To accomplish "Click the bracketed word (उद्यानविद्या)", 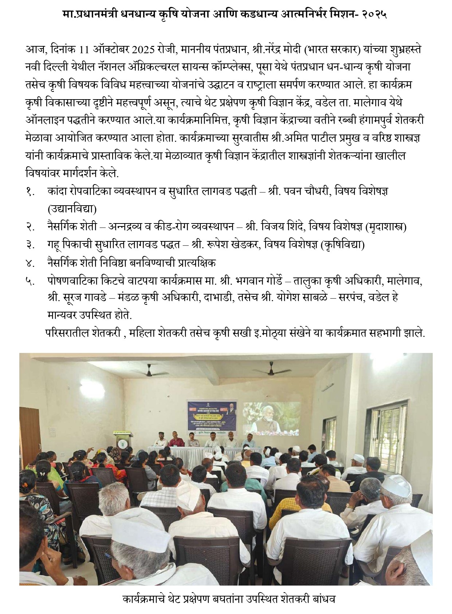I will pyautogui.click(x=72, y=209).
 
